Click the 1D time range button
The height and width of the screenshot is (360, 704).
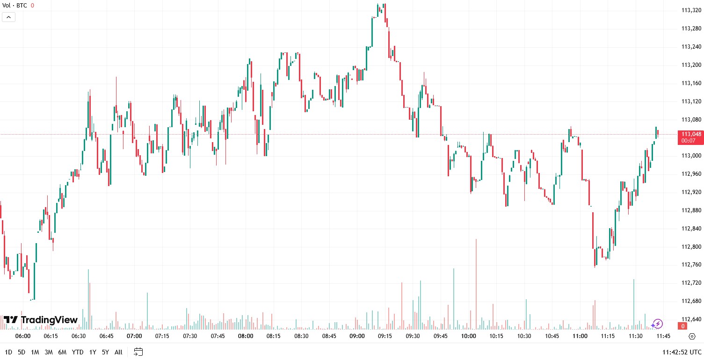pos(8,352)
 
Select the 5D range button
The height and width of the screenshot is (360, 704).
pos(22,352)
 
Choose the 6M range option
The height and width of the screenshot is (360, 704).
pos(62,352)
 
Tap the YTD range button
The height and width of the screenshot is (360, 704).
pos(78,352)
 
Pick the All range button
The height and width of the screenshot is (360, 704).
pos(118,352)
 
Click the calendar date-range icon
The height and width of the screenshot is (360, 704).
pos(138,352)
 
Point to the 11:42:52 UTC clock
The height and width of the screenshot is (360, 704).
pos(682,352)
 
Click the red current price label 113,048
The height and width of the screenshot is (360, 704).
pos(691,134)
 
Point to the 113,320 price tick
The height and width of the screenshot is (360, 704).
pos(691,10)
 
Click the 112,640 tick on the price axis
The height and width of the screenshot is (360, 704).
pos(691,319)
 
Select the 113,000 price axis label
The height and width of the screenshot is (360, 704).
pos(691,156)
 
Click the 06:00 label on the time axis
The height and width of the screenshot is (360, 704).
pos(23,336)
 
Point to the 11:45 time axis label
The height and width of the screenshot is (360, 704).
pos(663,336)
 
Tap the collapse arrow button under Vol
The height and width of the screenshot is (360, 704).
pos(9,17)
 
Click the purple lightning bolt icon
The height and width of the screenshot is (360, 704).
pos(657,324)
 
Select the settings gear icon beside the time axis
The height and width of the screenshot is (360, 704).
pos(692,336)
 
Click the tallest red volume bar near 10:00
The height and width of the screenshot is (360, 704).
pos(476,281)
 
